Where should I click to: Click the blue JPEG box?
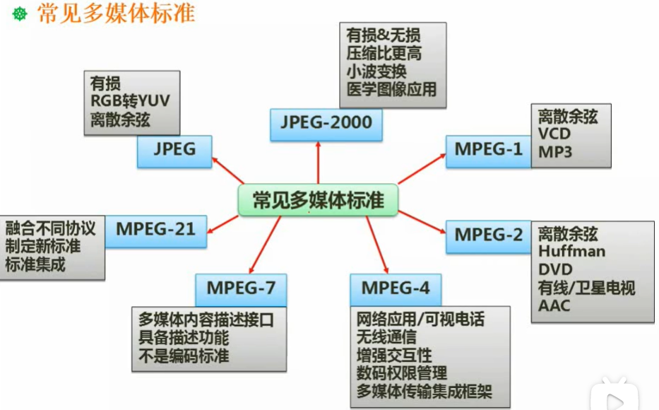pyautogui.click(x=174, y=151)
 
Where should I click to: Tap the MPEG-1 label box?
pyautogui.click(x=488, y=151)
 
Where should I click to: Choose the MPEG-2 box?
pyautogui.click(x=488, y=235)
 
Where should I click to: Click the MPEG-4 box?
pyautogui.click(x=395, y=288)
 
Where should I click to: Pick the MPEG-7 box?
pyautogui.click(x=241, y=288)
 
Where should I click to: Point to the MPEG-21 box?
pyautogui.click(x=155, y=230)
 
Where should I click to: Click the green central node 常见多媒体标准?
pyautogui.click(x=318, y=200)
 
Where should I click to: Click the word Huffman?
pyautogui.click(x=571, y=251)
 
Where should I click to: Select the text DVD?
pyautogui.click(x=555, y=269)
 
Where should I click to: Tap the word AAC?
pyautogui.click(x=554, y=305)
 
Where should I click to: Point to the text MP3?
pyautogui.click(x=555, y=152)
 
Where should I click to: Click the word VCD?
pyautogui.click(x=554, y=134)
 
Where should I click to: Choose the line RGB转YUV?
pyautogui.click(x=130, y=101)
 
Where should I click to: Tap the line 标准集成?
pyautogui.click(x=35, y=264)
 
